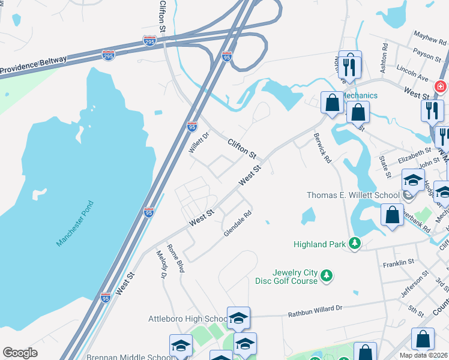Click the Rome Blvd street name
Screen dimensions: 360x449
pyautogui.click(x=175, y=259)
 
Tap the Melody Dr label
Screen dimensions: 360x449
pyautogui.click(x=160, y=265)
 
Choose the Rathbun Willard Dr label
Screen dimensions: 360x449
pyautogui.click(x=315, y=310)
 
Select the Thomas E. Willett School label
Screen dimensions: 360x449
pyautogui.click(x=353, y=195)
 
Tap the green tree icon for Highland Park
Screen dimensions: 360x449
pyautogui.click(x=355, y=243)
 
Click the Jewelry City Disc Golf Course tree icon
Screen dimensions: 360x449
pyautogui.click(x=327, y=275)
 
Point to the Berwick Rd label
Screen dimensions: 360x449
pyautogui.click(x=322, y=148)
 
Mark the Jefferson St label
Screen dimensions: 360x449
pyautogui.click(x=416, y=285)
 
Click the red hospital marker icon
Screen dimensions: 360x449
pyautogui.click(x=441, y=86)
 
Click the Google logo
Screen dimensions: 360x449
pyautogui.click(x=20, y=353)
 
